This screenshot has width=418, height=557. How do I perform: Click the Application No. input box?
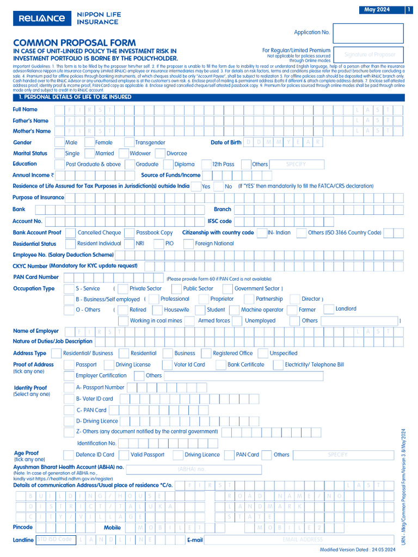(x=367, y=33)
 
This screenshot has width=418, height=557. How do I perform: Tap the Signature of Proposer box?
(x=367, y=55)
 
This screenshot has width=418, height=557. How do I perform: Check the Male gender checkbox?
(x=59, y=143)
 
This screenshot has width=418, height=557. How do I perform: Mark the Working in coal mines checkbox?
(x=124, y=321)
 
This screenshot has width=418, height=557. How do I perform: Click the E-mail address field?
(x=303, y=540)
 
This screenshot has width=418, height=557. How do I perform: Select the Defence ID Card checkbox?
(x=69, y=455)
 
